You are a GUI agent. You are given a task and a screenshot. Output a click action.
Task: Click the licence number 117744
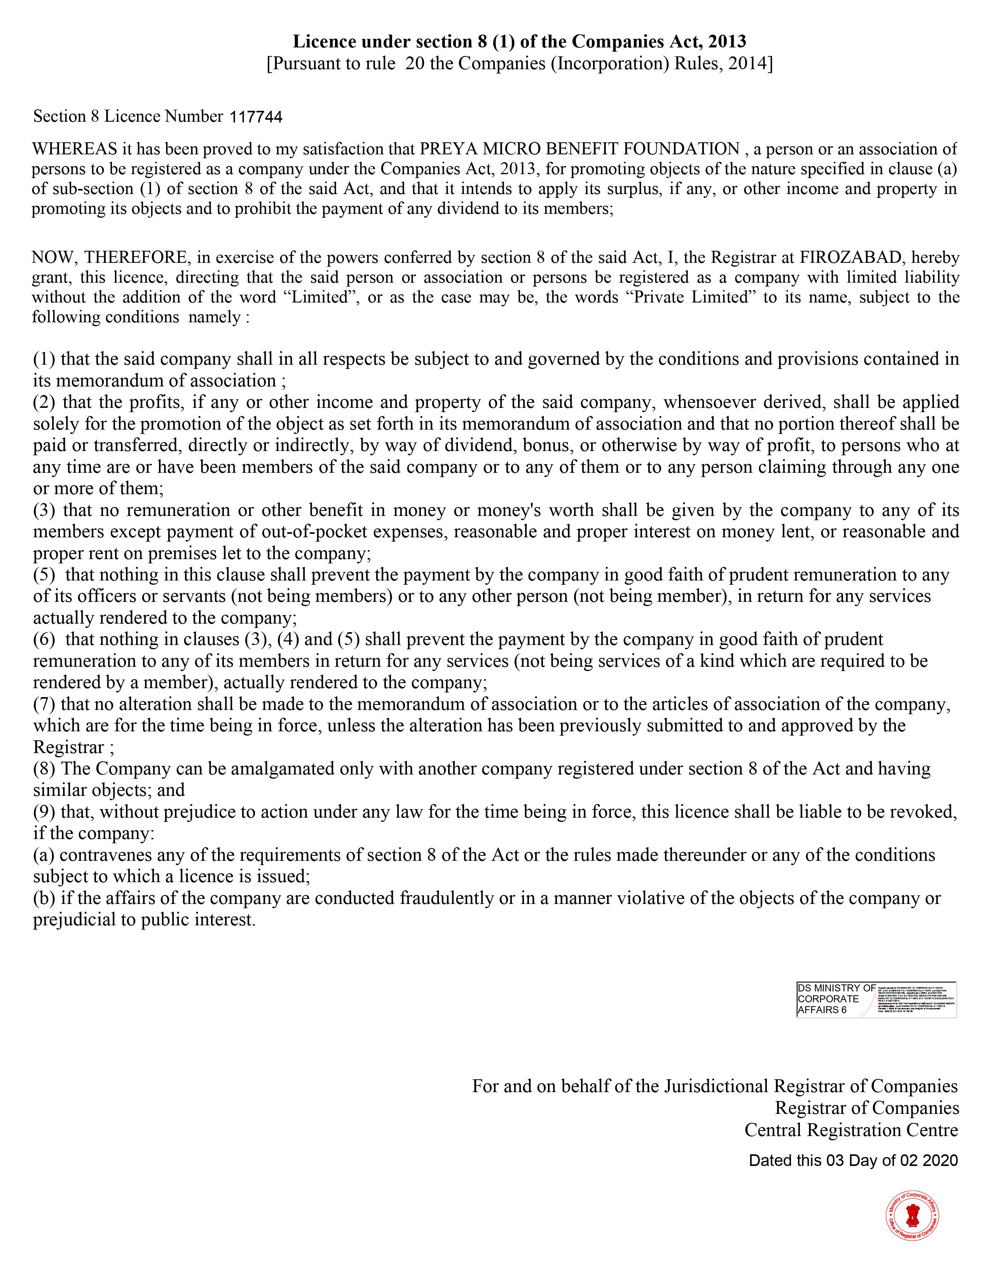[x=256, y=117]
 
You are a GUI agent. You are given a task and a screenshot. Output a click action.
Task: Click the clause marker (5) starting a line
[x=44, y=575]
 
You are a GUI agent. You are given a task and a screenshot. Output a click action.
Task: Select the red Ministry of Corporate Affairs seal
[x=912, y=1215]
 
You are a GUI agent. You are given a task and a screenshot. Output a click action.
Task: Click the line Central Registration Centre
[x=851, y=1130]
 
